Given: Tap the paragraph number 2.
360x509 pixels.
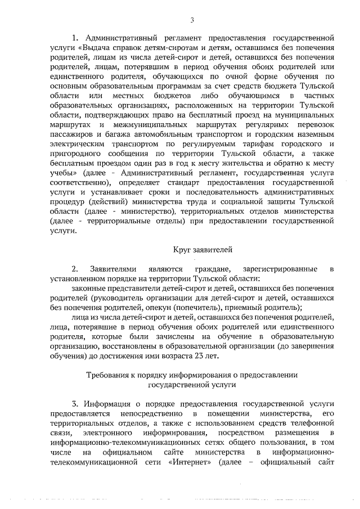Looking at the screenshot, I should pos(74,268).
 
